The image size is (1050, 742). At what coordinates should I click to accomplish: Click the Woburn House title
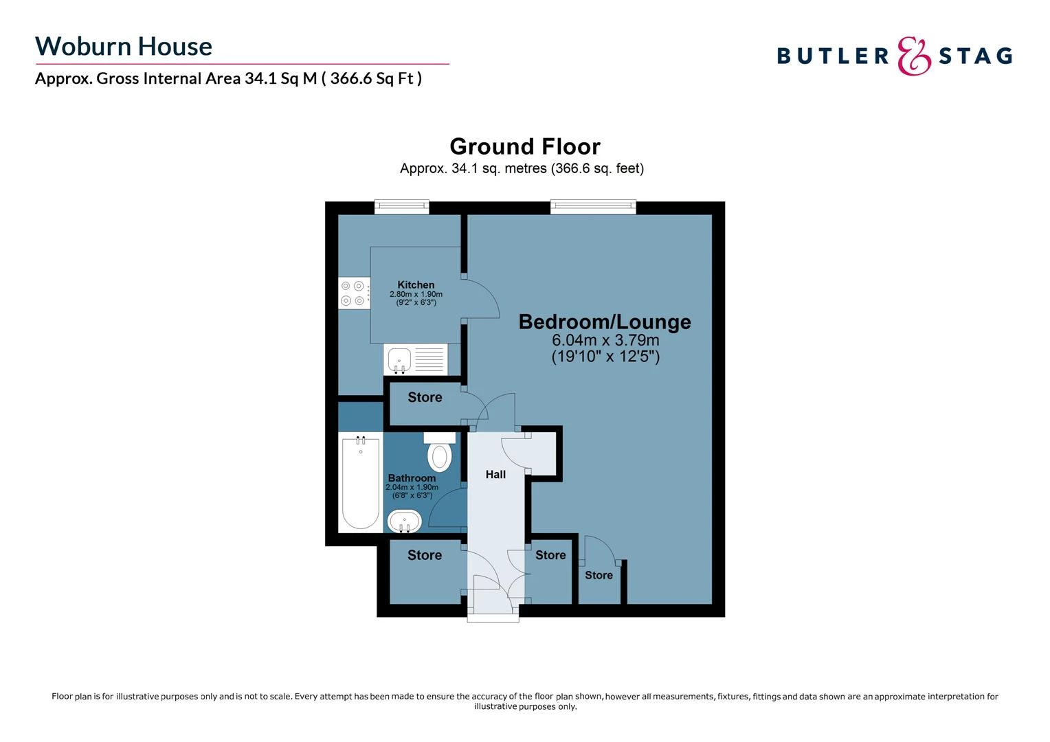(x=124, y=46)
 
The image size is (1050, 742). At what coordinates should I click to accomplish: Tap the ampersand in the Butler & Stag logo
(x=915, y=56)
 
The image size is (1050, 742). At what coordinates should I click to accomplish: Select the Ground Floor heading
(x=525, y=146)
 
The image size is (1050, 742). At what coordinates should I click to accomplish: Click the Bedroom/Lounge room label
(x=605, y=322)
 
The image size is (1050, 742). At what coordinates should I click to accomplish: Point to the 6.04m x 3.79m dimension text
(x=605, y=340)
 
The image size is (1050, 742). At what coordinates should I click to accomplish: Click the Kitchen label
(x=416, y=284)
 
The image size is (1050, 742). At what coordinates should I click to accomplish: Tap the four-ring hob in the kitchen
(x=354, y=293)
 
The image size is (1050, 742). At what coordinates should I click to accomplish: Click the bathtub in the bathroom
(x=361, y=482)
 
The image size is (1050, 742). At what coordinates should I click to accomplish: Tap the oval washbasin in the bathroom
(x=405, y=521)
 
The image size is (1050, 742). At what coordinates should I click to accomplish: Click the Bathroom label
(x=412, y=478)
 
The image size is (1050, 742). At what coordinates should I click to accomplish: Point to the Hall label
(x=495, y=474)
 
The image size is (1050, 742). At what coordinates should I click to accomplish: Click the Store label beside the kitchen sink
(x=425, y=397)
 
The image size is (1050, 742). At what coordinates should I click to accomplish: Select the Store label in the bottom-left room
(x=425, y=555)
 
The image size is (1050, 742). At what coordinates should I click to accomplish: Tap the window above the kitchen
(x=402, y=206)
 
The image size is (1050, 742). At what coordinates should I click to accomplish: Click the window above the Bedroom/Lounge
(x=593, y=206)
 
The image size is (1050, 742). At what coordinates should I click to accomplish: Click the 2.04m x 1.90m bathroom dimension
(x=412, y=487)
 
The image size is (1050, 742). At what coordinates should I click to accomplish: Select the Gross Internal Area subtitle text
(x=228, y=78)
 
